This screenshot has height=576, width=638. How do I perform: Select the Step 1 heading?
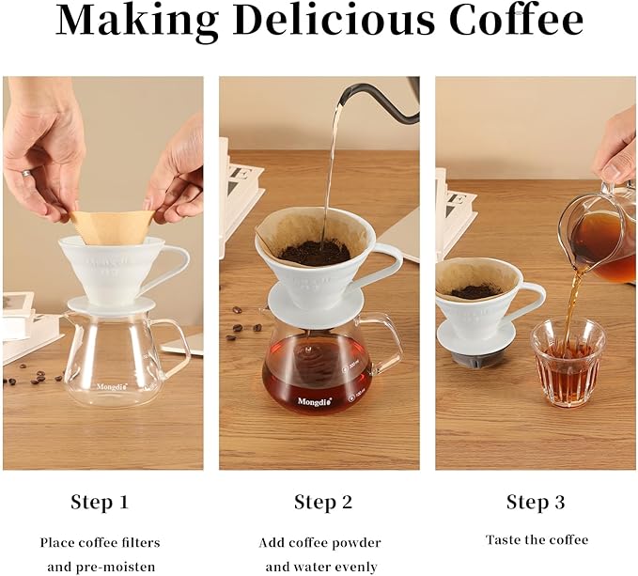click(100, 502)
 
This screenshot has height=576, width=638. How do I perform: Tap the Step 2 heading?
click(322, 502)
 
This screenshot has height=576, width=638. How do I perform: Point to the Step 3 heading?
click(536, 502)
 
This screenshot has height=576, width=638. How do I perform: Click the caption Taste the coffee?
click(537, 539)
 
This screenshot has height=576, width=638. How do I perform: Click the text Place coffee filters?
click(100, 542)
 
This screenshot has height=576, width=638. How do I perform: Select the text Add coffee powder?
click(321, 542)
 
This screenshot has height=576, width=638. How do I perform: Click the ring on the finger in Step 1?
click(26, 174)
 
